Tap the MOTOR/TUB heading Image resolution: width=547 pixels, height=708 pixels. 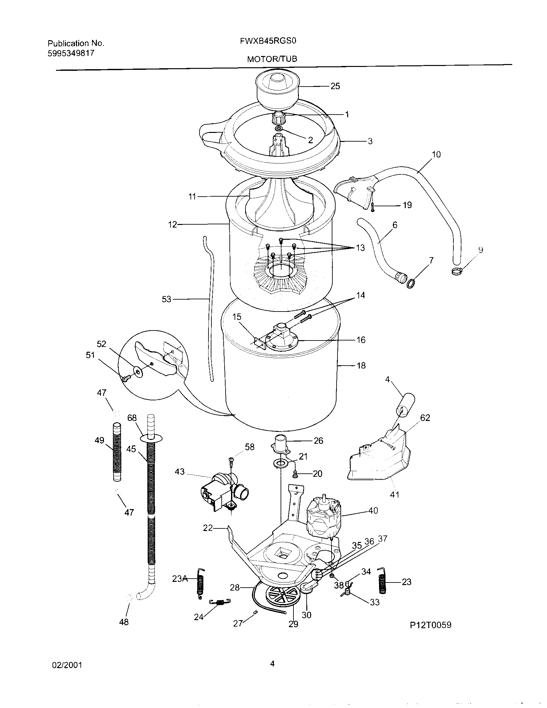pos(272,59)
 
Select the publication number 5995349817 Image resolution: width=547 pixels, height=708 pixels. pos(71,53)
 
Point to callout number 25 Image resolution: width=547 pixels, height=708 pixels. pos(335,86)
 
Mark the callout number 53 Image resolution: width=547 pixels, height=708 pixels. pos(166,299)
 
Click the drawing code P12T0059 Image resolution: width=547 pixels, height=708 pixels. pos(430,625)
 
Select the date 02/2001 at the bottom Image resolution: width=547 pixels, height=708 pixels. pos(67,666)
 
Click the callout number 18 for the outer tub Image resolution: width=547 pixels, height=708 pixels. pos(361,366)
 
